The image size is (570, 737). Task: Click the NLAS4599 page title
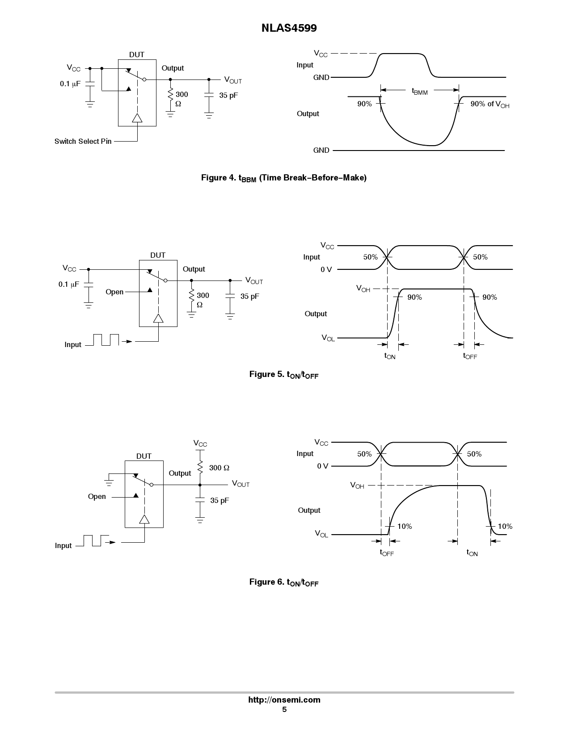point(289,28)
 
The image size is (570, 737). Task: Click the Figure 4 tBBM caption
point(283,178)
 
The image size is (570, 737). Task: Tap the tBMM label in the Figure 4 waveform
point(419,91)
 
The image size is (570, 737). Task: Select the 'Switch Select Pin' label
point(83,141)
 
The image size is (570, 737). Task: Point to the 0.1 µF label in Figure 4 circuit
point(70,84)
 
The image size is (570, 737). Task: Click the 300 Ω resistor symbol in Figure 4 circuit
point(170,96)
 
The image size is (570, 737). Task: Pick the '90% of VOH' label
point(490,104)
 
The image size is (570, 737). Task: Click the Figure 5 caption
point(283,374)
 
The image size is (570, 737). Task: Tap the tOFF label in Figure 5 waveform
point(470,356)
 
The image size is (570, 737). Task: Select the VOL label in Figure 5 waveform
point(328,338)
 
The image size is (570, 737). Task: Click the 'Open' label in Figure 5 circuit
point(114,292)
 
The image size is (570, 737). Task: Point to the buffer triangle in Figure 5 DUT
point(158,318)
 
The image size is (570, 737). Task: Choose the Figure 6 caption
point(283,582)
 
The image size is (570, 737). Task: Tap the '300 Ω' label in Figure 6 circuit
point(219,468)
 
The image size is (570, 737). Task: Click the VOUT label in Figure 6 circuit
point(241,484)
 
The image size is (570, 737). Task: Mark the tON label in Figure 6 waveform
point(472,553)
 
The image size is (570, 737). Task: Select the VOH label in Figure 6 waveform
point(357,485)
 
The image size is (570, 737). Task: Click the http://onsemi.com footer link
point(284,700)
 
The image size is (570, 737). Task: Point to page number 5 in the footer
point(284,710)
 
